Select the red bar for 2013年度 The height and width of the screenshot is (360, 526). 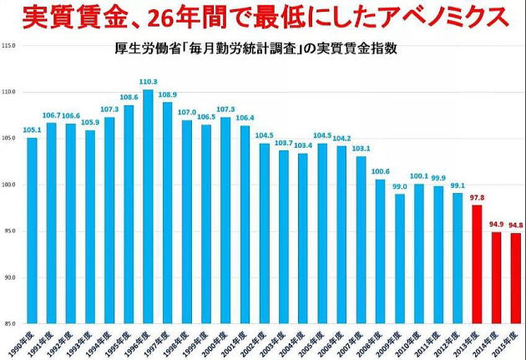477,264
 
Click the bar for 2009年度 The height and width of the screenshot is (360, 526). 399,258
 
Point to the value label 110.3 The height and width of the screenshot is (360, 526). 148,82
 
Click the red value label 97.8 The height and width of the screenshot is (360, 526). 477,197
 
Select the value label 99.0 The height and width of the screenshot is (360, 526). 399,186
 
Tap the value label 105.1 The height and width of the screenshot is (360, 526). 32,130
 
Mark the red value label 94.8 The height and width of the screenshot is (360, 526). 516,225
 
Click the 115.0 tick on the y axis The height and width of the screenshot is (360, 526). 11,45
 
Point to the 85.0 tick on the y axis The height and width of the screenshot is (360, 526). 11,323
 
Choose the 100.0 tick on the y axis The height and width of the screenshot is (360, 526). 10,185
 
